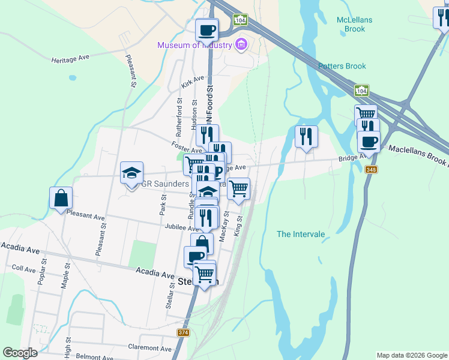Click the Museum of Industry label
(x=194, y=45)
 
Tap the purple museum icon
(x=241, y=44)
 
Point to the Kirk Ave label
(x=193, y=82)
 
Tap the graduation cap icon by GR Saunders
(x=131, y=173)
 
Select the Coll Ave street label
(x=24, y=269)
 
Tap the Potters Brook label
(x=342, y=66)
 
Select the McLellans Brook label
(x=354, y=24)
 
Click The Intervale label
(x=301, y=234)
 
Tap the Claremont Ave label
(x=150, y=348)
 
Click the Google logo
(x=20, y=353)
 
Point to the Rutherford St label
(x=179, y=116)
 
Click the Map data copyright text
(x=411, y=355)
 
